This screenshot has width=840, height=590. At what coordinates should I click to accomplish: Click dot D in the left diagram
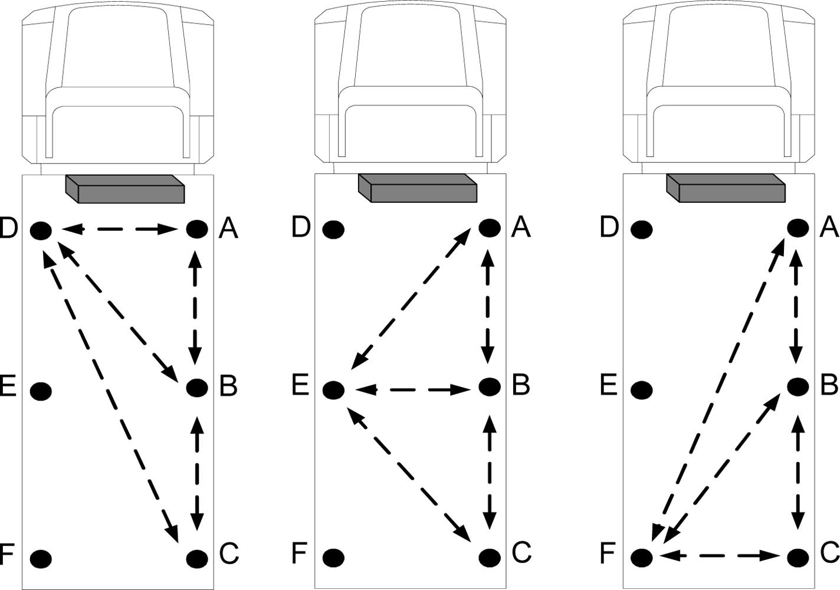tap(41, 230)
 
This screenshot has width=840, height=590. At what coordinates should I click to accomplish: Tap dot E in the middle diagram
tap(334, 389)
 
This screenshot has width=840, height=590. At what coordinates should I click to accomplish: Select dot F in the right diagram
tap(642, 557)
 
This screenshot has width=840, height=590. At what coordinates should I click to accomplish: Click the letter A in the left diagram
tap(228, 229)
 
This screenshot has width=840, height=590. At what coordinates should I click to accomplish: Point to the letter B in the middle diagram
tap(521, 384)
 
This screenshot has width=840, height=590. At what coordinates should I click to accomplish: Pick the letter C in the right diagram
tap(830, 552)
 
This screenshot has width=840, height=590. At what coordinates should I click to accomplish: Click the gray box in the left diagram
tap(125, 189)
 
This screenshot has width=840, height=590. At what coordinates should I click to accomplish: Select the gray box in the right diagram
tap(726, 188)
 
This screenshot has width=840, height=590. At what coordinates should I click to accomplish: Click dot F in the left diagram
tap(41, 558)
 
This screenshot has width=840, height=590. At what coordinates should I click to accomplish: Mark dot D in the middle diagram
tap(333, 229)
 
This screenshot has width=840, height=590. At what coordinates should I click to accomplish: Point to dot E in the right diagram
tap(642, 390)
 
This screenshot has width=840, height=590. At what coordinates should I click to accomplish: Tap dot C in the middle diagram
tap(490, 556)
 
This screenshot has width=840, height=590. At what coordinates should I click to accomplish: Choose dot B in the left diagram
tap(197, 388)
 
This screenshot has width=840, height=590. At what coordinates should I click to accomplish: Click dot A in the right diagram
tap(798, 228)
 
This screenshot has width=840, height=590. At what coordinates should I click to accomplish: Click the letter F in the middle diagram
tap(300, 553)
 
